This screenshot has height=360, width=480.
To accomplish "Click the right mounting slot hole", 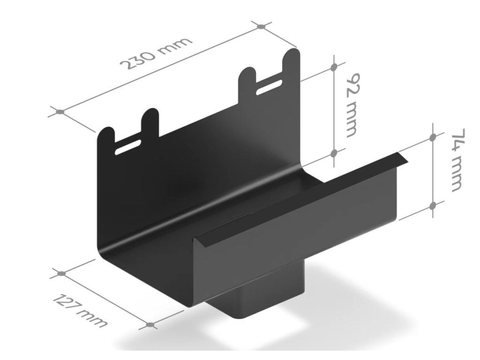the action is [x=270, y=87].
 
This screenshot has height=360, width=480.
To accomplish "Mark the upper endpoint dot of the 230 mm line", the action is [x=261, y=27].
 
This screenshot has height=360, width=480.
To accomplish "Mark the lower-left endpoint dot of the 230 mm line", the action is [x=60, y=112].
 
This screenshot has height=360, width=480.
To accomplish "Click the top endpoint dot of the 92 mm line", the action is [x=334, y=67].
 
